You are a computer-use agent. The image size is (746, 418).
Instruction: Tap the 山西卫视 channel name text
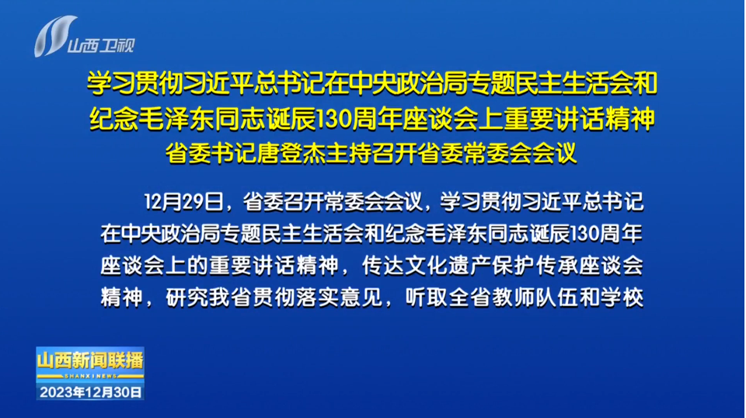click(101, 46)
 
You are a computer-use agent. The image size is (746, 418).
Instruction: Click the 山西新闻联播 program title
click(90, 361)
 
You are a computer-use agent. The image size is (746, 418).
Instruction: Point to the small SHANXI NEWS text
click(90, 376)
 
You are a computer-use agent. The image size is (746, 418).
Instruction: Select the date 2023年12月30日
click(90, 392)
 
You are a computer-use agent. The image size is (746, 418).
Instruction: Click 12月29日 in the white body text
click(183, 202)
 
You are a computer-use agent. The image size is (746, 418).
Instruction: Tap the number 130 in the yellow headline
click(333, 118)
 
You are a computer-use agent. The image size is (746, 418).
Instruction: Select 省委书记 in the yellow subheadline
click(211, 153)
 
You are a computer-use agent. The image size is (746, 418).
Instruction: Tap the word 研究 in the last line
click(187, 298)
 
